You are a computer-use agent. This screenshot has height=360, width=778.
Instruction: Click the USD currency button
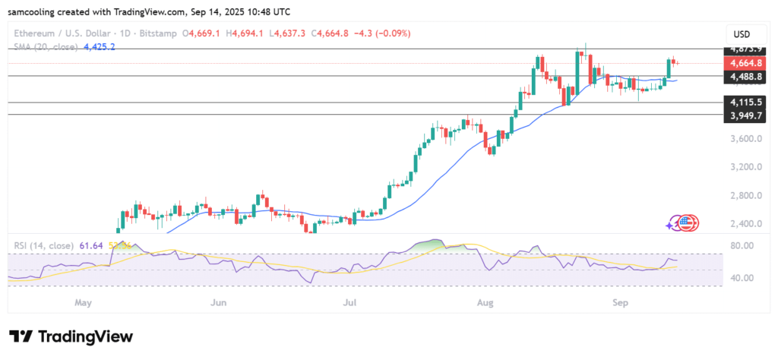(742, 34)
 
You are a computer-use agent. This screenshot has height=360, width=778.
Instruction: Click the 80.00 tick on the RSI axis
(742, 246)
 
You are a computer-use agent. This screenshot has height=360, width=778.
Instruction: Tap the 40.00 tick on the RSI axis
(742, 278)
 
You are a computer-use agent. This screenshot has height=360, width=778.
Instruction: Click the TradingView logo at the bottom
(71, 336)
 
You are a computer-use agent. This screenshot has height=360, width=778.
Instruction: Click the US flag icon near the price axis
(688, 223)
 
